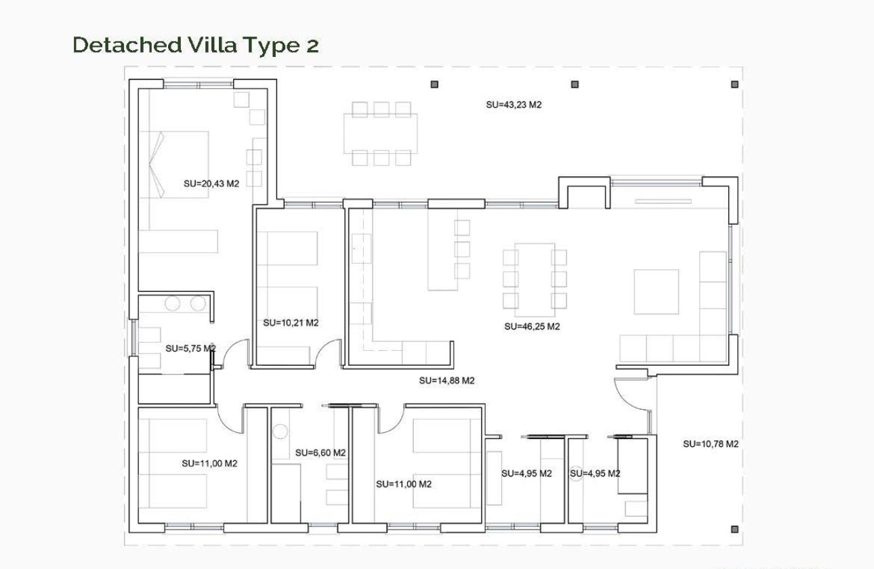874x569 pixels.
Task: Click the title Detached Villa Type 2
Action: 195,45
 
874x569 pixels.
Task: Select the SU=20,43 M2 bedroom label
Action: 211,183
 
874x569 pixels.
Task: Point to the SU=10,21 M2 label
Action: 291,323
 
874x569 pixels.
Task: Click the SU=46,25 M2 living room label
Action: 532,326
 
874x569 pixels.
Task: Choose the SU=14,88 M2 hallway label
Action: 446,381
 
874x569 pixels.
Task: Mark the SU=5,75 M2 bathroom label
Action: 190,349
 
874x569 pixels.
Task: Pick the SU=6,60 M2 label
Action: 320,452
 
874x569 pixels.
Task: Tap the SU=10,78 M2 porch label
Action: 710,444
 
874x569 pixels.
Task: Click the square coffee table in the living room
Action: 656,291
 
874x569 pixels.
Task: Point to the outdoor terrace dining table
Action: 381,133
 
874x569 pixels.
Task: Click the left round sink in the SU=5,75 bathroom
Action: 173,304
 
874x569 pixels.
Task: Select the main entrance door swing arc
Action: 629,396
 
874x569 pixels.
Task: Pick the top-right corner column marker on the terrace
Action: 734,85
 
